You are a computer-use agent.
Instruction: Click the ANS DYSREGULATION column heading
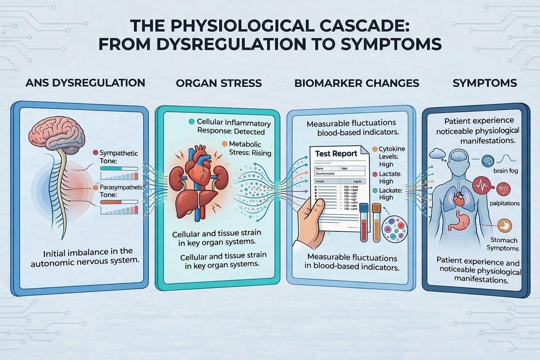[85, 83]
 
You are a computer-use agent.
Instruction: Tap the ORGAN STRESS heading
[219, 83]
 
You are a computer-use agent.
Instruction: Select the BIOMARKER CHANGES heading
[356, 83]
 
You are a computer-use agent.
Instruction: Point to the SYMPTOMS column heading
[484, 83]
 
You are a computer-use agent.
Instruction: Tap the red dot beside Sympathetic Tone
[95, 153]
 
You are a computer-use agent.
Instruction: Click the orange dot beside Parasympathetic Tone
[96, 187]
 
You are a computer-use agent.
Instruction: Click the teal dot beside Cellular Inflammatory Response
[192, 122]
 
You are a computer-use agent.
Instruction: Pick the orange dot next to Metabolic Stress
[225, 144]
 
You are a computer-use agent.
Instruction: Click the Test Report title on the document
[336, 154]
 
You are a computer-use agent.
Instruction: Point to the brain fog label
[506, 171]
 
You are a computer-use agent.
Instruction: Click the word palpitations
[504, 203]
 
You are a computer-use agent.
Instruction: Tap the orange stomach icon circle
[505, 226]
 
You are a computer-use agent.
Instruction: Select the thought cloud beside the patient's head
[437, 153]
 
